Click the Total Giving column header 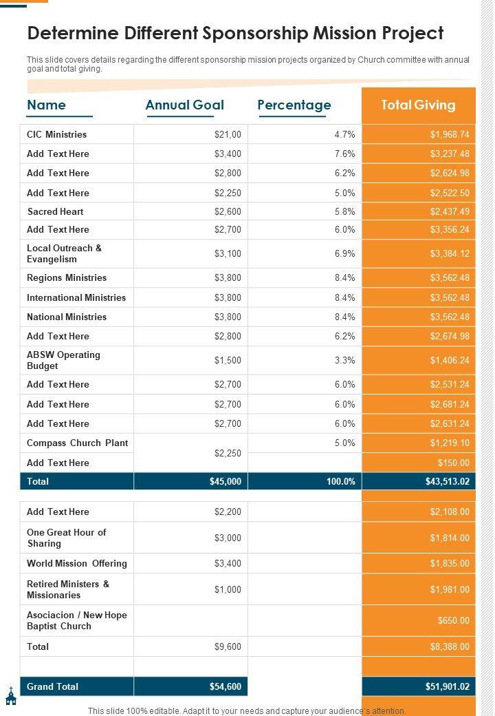[x=418, y=105]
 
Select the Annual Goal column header [x=184, y=105]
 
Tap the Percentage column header [x=294, y=105]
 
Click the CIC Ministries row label [x=56, y=134]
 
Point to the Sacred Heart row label [x=55, y=211]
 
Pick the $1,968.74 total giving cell [x=450, y=134]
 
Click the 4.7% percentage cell [x=344, y=134]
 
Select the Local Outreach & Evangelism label [x=64, y=253]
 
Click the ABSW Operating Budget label [x=63, y=360]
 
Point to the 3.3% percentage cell [x=344, y=360]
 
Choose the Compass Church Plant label [x=77, y=443]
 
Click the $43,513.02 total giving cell [x=447, y=481]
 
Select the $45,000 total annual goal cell [x=225, y=481]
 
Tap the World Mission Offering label [x=76, y=563]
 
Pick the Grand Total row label [x=52, y=686]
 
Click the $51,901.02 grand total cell [x=447, y=686]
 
